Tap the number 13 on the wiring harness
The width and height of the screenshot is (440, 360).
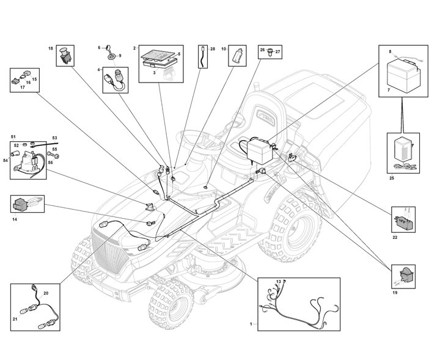[x=278, y=282]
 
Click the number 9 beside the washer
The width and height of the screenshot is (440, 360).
[x=120, y=56]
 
